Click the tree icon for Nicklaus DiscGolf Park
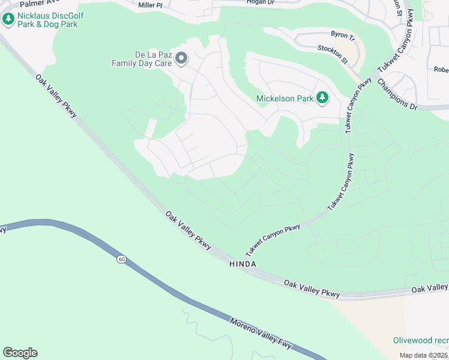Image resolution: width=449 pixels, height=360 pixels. pyautogui.click(x=8, y=19)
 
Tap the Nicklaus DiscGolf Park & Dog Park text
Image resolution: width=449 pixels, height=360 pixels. pyautogui.click(x=51, y=19)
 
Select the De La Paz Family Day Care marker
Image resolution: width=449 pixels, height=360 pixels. pyautogui.click(x=182, y=59)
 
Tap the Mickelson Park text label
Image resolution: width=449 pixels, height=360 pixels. pyautogui.click(x=285, y=98)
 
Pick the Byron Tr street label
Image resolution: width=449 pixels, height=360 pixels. pyautogui.click(x=343, y=35)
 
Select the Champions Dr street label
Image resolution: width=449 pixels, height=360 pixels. pyautogui.click(x=397, y=94)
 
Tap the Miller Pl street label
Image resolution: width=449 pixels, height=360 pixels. pyautogui.click(x=150, y=5)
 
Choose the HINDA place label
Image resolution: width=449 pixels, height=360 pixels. pyautogui.click(x=243, y=264)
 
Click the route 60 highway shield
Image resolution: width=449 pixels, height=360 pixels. pyautogui.click(x=121, y=259)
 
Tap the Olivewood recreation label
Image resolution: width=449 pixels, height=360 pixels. pyautogui.click(x=421, y=340)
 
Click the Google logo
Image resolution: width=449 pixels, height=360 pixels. pyautogui.click(x=20, y=353)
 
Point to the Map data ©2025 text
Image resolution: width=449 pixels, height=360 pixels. pyautogui.click(x=424, y=355)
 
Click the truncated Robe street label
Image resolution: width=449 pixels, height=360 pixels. pyautogui.click(x=441, y=69)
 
